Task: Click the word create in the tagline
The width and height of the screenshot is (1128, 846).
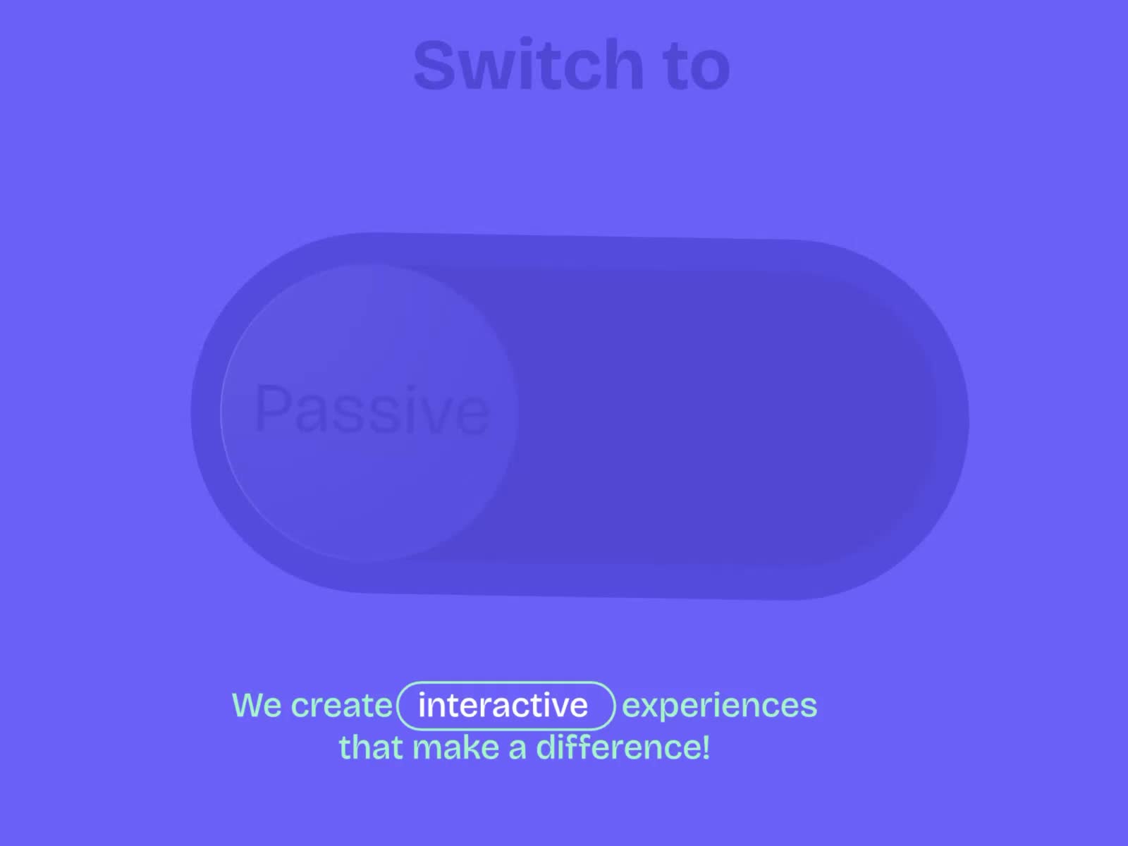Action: click(342, 705)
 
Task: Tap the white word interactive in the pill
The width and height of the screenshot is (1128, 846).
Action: click(503, 705)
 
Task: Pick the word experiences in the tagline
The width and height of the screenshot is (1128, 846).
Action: click(720, 706)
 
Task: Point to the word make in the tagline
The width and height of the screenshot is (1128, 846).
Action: click(455, 747)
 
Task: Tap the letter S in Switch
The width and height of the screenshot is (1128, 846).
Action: click(436, 65)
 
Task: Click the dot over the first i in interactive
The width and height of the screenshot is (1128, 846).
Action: click(422, 694)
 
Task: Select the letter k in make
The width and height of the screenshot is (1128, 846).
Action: click(472, 747)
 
